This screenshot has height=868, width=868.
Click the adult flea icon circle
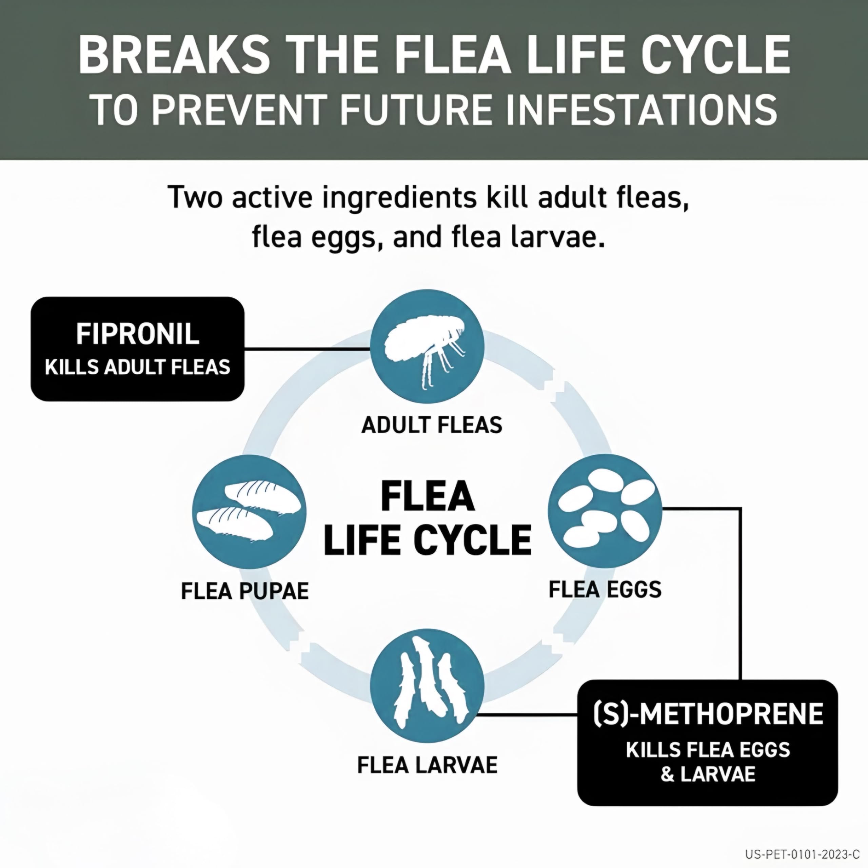point(427,347)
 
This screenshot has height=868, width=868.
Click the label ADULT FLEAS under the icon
point(432,425)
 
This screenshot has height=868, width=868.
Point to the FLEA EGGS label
point(605,589)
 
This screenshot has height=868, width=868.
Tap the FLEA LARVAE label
point(427,765)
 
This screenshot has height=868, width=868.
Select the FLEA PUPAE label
point(245,591)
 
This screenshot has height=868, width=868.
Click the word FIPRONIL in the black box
point(137,334)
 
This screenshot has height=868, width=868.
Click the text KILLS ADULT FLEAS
point(137,368)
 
